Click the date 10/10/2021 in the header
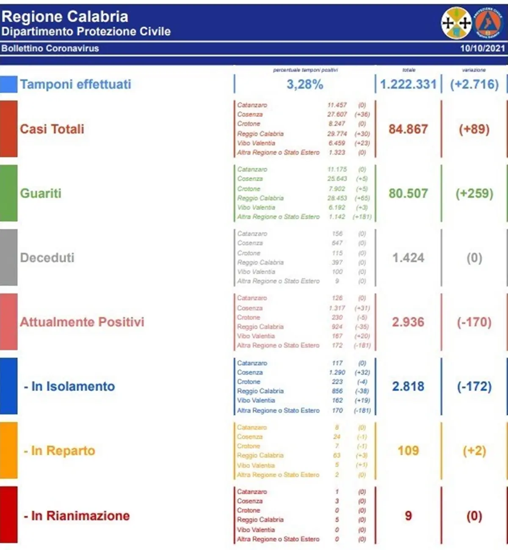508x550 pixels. point(482,48)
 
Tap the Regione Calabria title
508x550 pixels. point(65,16)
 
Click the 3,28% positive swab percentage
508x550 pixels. point(305,84)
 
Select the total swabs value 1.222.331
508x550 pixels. point(408,84)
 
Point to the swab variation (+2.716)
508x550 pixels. point(474,84)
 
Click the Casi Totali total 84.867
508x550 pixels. point(408,129)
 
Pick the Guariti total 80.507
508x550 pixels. point(408,193)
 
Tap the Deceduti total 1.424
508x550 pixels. point(408,258)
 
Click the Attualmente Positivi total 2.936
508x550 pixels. point(408,322)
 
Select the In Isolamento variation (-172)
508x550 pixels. point(474,386)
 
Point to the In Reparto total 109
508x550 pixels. point(408,451)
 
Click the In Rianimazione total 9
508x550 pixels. point(408,516)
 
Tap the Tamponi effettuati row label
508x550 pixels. point(75,84)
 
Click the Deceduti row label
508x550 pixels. point(47,258)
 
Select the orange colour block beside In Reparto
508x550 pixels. point(8,450)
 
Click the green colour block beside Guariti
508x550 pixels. point(8,193)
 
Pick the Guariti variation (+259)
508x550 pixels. point(474,193)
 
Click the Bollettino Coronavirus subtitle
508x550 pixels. point(50,48)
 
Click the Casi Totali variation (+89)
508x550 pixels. point(474,129)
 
